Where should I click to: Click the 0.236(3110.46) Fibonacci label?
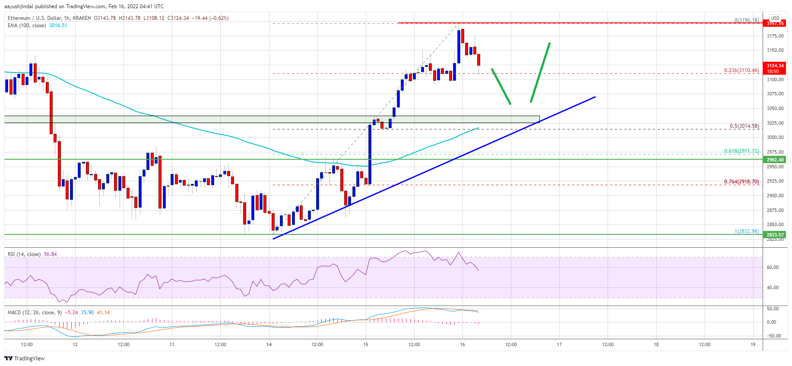click(741, 70)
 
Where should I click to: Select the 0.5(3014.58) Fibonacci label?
click(744, 126)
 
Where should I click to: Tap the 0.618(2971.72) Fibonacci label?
click(741, 151)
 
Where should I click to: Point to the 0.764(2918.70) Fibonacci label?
click(741, 182)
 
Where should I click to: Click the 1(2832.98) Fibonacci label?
click(747, 231)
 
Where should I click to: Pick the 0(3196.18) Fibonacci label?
click(747, 20)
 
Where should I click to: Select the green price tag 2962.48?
click(775, 160)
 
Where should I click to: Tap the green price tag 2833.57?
click(775, 235)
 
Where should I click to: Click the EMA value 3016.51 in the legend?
click(58, 25)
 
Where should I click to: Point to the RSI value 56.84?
click(50, 254)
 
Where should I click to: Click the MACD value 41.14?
click(103, 312)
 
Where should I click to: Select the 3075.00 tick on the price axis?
click(775, 94)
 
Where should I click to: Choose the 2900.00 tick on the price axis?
click(775, 196)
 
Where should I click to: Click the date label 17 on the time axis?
click(559, 344)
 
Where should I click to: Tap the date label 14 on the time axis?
click(269, 344)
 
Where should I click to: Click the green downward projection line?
click(501, 86)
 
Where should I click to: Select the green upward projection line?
click(540, 72)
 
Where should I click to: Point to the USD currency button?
click(775, 18)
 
